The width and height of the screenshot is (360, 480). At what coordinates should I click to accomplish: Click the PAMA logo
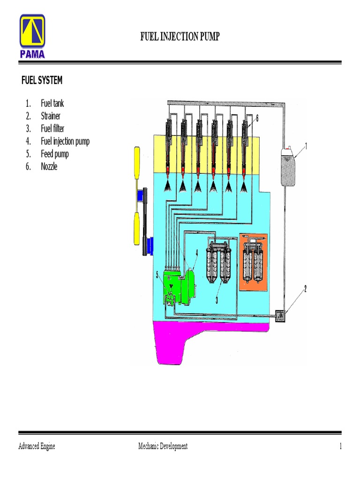pyautogui.click(x=32, y=37)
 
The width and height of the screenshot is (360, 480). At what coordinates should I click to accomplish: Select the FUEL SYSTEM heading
pyautogui.click(x=42, y=81)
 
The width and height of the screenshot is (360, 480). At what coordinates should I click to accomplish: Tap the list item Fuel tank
pyautogui.click(x=52, y=104)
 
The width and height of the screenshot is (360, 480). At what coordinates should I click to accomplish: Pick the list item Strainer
pyautogui.click(x=51, y=116)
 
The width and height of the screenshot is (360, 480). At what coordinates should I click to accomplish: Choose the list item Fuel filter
pyautogui.click(x=52, y=128)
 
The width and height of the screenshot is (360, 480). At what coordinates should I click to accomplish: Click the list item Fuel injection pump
pyautogui.click(x=65, y=141)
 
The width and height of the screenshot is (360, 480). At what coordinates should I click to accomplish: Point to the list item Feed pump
pyautogui.click(x=55, y=154)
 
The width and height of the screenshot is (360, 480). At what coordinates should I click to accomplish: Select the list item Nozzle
pyautogui.click(x=49, y=166)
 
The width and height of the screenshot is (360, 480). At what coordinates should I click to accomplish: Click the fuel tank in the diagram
pyautogui.click(x=288, y=166)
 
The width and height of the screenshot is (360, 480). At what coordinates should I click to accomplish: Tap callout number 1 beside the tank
pyautogui.click(x=306, y=146)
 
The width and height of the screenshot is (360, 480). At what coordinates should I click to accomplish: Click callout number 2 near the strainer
pyautogui.click(x=305, y=289)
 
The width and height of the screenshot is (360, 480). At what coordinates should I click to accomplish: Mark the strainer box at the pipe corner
pyautogui.click(x=280, y=316)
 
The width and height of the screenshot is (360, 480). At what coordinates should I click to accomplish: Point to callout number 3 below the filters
pyautogui.click(x=217, y=300)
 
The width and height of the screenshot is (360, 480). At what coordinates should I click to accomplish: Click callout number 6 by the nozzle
pyautogui.click(x=257, y=119)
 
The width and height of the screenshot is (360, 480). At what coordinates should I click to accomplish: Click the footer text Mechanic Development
pyautogui.click(x=163, y=446)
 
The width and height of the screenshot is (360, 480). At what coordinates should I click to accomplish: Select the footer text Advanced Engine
pyautogui.click(x=37, y=446)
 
